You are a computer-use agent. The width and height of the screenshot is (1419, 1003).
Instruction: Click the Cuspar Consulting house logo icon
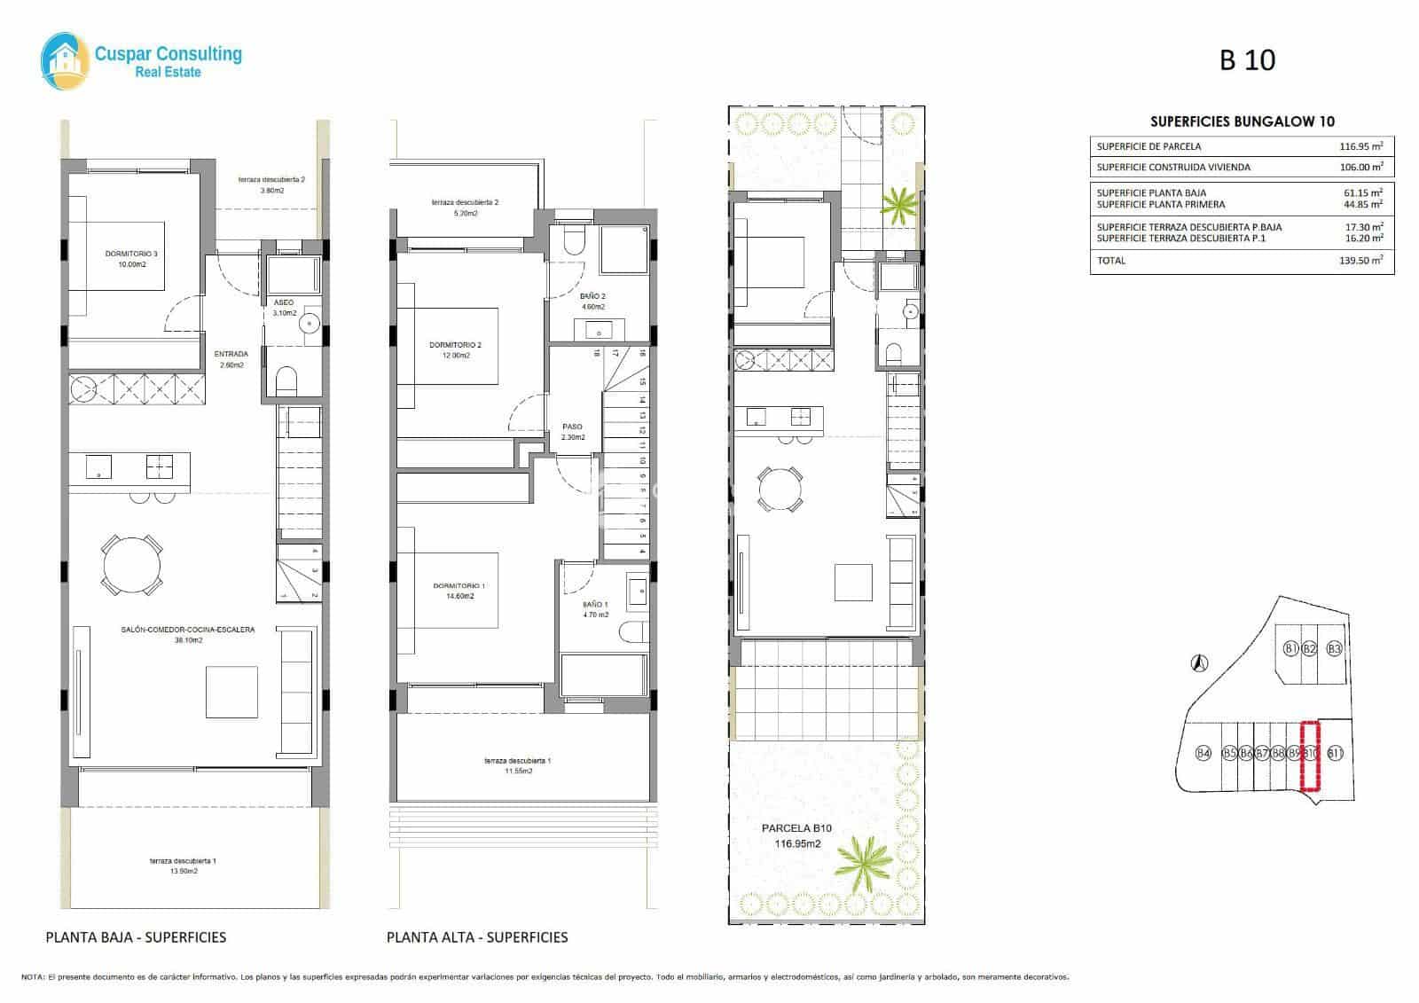pos(65,62)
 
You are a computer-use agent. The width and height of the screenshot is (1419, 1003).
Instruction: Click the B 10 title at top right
pos(1247,60)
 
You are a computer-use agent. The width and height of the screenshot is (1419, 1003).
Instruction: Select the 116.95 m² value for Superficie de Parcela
pos(1360,146)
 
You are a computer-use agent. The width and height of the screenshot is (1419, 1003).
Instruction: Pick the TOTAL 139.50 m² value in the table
pos(1360,261)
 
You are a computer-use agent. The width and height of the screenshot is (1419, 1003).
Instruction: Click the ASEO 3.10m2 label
pos(284,308)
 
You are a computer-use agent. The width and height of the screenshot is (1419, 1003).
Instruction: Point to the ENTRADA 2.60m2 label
pos(231,359)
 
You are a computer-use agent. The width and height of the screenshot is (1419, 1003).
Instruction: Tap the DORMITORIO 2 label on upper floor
pos(455,349)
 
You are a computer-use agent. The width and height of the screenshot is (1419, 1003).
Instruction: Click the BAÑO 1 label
pos(595,609)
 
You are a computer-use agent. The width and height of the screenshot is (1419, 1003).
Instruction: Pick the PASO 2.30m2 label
pos(573,431)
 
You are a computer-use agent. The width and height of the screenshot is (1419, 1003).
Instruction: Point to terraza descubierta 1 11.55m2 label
pos(518,765)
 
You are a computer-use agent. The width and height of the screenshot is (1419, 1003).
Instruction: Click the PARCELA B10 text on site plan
pos(796,828)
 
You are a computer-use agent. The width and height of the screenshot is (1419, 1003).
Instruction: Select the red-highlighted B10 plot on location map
pos(1309,755)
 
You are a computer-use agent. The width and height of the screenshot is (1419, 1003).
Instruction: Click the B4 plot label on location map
pos(1203,754)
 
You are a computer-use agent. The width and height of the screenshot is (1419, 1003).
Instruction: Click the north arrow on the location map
pos(1199,662)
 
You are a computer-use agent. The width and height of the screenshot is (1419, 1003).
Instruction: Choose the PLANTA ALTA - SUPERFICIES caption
pos(477,936)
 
